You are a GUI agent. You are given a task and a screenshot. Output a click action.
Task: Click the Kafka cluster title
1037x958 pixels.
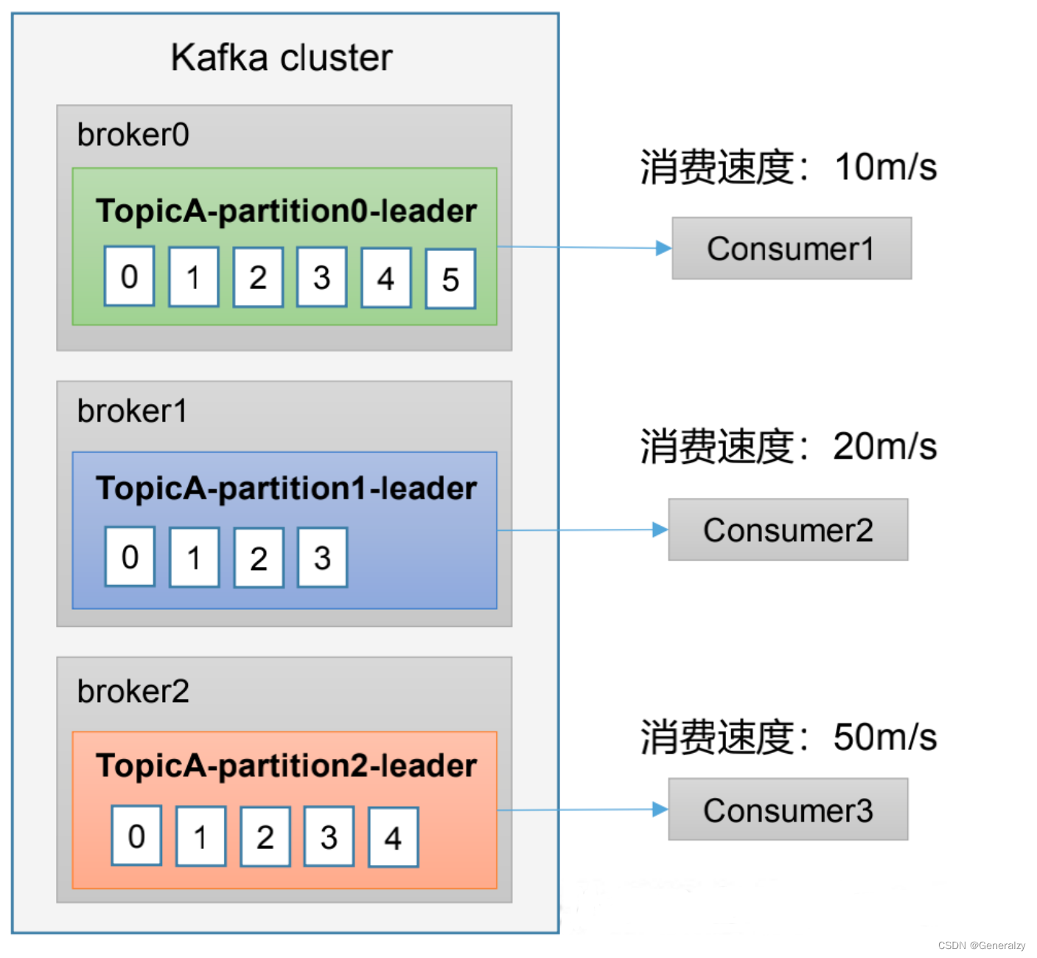[x=282, y=58]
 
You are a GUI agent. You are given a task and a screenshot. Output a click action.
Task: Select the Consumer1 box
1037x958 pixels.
[x=791, y=249]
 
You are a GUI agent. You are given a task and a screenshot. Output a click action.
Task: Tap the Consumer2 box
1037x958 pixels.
[x=788, y=530]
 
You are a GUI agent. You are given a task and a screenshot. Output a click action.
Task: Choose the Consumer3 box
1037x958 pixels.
[x=788, y=810]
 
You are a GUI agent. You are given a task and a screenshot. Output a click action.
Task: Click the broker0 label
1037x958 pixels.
[x=133, y=135]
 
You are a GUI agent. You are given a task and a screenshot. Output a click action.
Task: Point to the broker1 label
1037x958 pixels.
[x=133, y=411]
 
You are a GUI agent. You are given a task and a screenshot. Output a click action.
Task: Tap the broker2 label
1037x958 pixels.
[x=133, y=691]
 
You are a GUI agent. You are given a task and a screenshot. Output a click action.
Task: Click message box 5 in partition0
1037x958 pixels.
[x=450, y=279]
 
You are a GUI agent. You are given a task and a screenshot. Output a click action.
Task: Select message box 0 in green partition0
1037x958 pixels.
[x=129, y=277]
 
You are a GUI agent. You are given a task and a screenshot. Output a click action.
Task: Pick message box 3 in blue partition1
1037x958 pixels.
[x=322, y=558]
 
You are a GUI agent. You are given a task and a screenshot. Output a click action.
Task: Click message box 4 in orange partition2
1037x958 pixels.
[x=393, y=837]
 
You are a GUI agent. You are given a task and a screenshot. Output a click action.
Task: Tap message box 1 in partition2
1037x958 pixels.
[x=200, y=836]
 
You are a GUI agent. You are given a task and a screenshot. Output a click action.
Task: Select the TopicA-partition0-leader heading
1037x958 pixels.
[x=286, y=211]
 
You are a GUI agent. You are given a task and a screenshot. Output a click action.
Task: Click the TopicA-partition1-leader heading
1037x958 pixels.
[x=286, y=488]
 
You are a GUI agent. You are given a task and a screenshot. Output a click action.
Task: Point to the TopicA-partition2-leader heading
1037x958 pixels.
[x=286, y=766]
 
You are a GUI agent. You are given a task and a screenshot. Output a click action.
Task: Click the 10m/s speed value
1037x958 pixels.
[x=885, y=167]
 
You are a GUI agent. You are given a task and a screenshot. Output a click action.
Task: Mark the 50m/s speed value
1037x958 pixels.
[x=884, y=737]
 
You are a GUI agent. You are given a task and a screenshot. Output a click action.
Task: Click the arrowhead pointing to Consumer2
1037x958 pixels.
[x=660, y=530]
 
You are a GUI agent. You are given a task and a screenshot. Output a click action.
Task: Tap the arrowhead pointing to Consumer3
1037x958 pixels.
[x=660, y=810]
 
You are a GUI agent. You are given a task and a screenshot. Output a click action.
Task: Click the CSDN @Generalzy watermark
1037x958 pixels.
[x=981, y=945]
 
